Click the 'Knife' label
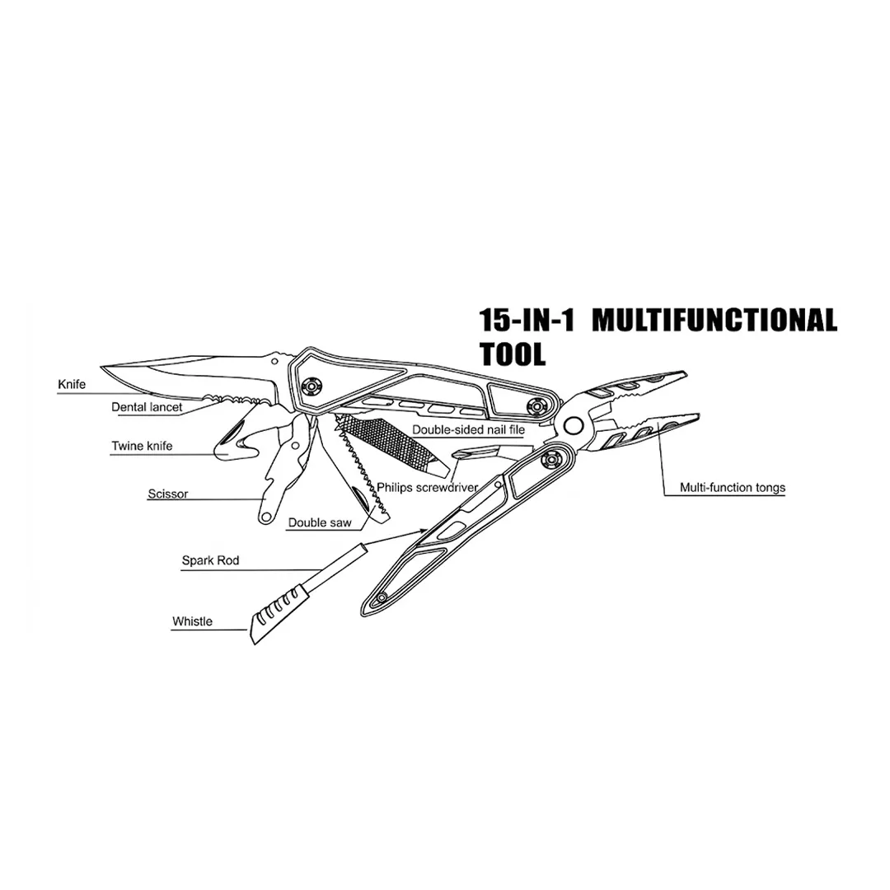click(x=72, y=384)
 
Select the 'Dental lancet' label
click(x=148, y=406)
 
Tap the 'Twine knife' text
click(x=143, y=447)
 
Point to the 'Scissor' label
click(x=168, y=494)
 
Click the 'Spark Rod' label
click(x=210, y=560)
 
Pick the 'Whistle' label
click(x=192, y=621)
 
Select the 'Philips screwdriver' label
click(x=428, y=487)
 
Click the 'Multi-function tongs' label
click(x=732, y=487)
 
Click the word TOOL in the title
click(x=512, y=354)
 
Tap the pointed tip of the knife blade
click(x=103, y=367)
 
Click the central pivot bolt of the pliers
click(x=570, y=424)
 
